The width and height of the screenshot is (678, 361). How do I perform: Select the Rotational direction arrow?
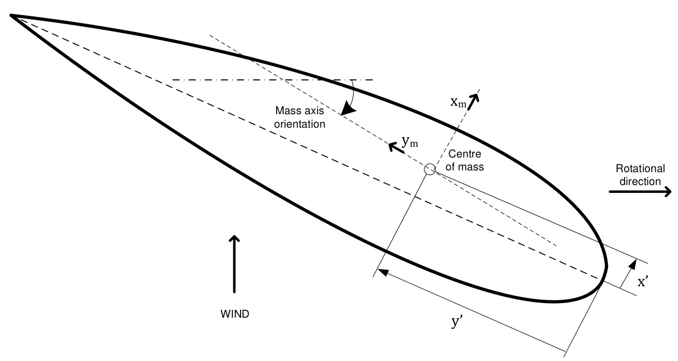640,192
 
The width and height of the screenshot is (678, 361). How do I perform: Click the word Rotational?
640,169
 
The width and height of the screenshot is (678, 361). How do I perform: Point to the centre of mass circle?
430,169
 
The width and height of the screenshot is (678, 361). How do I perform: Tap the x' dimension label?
644,283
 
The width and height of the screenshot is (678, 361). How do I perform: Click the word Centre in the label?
461,156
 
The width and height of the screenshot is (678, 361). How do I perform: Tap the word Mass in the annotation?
286,112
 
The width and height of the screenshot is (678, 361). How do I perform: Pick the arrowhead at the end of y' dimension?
382,272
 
